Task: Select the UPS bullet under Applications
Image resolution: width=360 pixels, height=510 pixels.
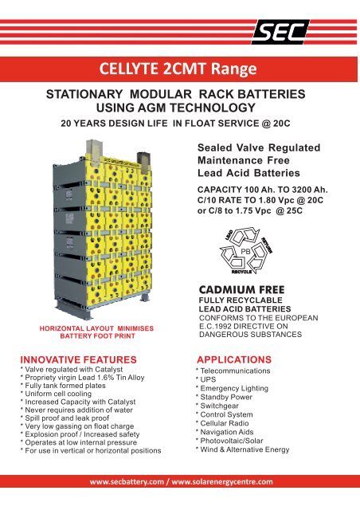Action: click(x=208, y=382)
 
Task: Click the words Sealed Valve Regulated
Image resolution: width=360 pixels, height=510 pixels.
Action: click(x=257, y=148)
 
